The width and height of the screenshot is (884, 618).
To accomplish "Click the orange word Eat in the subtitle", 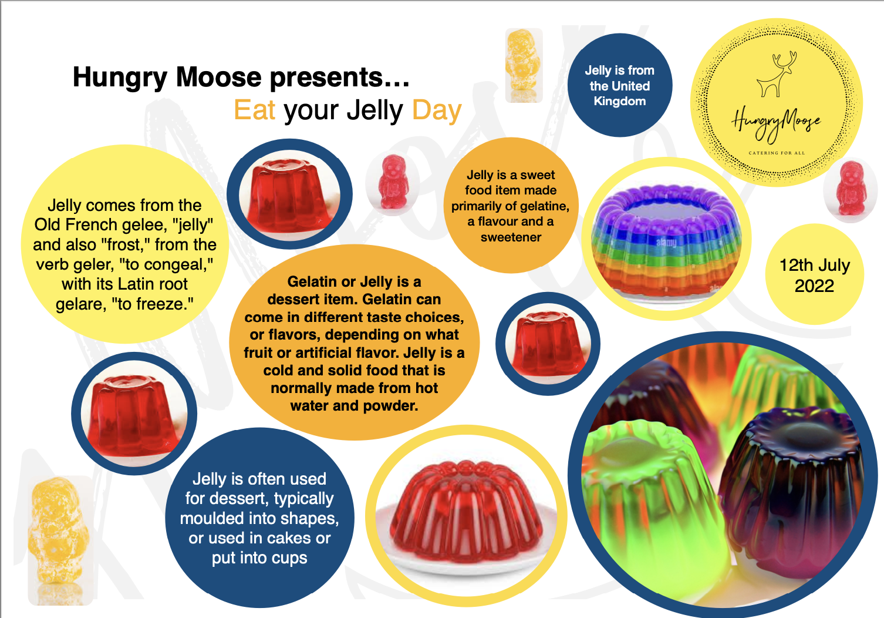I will [254, 110].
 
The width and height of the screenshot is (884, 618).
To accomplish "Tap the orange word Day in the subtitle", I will [437, 110].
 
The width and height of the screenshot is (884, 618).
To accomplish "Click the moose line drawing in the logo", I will [776, 74].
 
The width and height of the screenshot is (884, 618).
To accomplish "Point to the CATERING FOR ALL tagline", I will [777, 153].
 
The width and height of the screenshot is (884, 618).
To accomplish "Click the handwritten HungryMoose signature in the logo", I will [775, 122].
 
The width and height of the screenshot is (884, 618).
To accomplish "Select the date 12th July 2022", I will [814, 276].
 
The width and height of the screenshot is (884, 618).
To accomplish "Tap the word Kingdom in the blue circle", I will [619, 101].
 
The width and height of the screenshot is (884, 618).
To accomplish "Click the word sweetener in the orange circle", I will [511, 237].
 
